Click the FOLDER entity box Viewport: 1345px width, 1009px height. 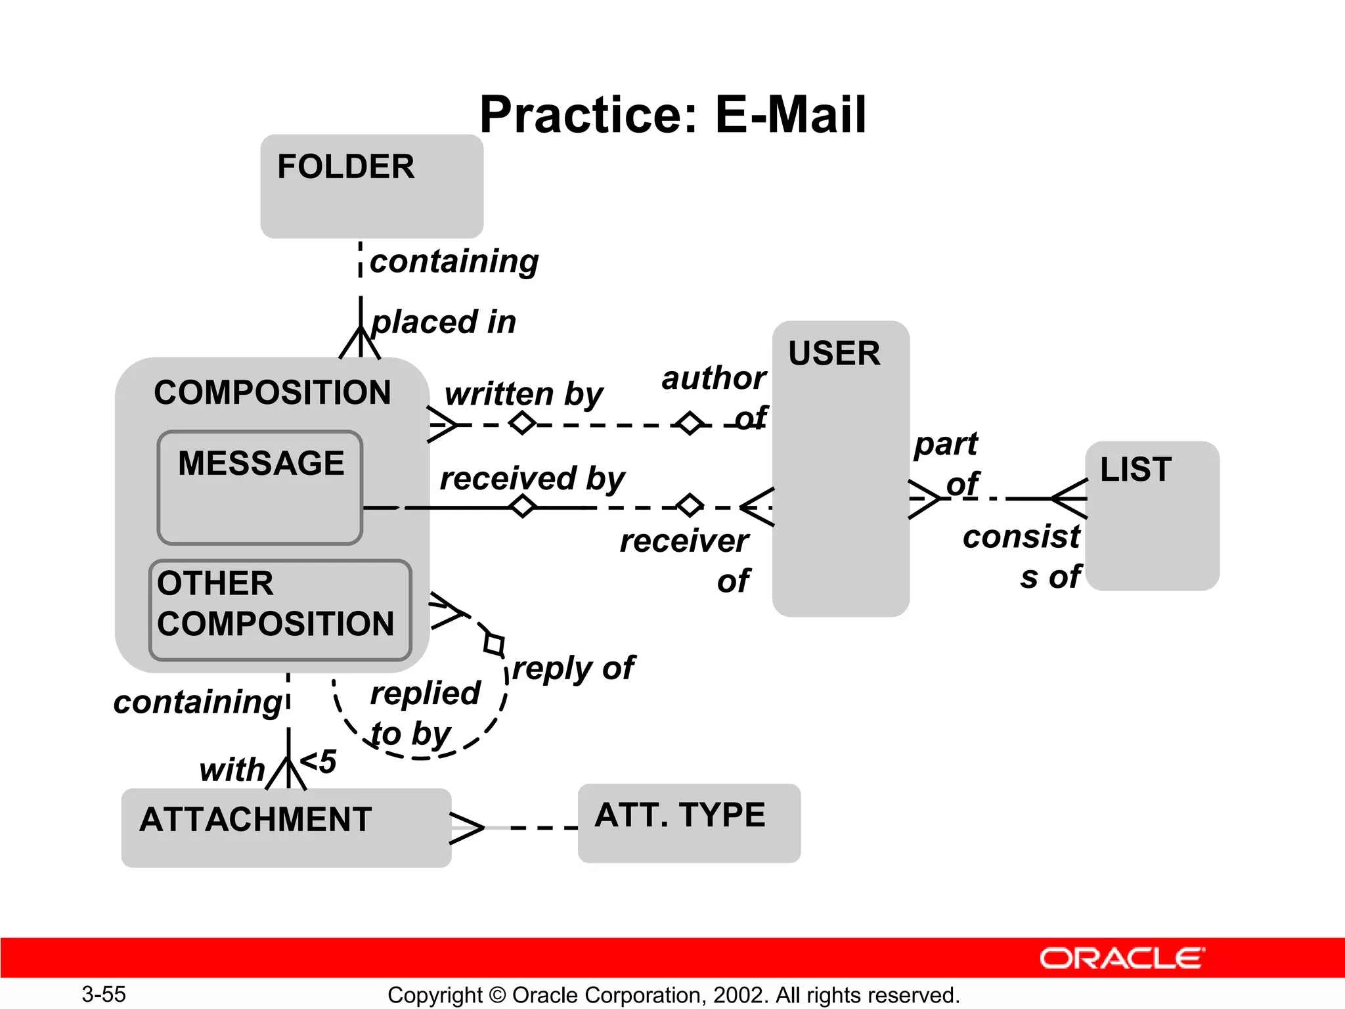372,186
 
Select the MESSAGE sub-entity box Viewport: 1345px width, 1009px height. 260,487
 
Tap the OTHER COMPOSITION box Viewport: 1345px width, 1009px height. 280,610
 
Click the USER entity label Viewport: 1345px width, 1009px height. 834,353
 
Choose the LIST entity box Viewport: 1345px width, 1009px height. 1153,516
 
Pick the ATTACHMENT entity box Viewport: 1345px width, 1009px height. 286,828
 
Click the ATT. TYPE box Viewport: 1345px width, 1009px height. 689,822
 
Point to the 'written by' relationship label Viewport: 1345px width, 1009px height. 523,394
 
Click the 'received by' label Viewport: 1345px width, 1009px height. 532,478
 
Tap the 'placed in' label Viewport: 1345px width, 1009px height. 443,322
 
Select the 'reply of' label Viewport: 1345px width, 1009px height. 573,669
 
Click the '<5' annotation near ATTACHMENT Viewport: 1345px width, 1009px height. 319,762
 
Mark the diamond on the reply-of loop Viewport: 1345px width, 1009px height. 494,644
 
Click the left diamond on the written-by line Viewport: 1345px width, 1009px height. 522,423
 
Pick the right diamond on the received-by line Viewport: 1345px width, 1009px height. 690,506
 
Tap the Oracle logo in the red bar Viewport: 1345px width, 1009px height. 1122,958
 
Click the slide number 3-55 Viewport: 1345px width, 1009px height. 104,994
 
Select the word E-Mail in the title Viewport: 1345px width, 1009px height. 791,114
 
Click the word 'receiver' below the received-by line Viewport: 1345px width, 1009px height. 684,541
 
